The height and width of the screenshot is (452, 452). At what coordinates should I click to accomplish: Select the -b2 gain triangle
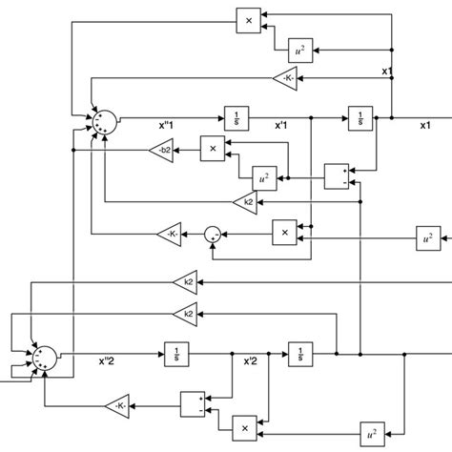(160, 149)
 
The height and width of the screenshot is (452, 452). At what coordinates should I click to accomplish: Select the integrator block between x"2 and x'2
(176, 353)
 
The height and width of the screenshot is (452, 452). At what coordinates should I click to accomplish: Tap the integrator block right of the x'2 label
(299, 353)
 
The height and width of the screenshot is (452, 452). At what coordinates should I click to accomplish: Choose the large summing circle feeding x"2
(43, 357)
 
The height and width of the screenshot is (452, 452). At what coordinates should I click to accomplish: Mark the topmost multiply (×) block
(248, 19)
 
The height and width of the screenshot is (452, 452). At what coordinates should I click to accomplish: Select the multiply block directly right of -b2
(213, 148)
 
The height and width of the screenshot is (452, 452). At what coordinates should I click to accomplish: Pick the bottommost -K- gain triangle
(119, 407)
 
